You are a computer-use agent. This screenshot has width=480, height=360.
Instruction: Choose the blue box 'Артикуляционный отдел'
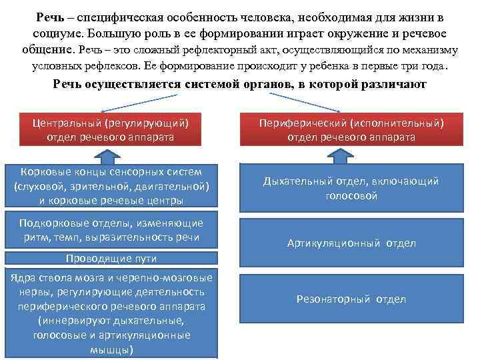pos(351,243)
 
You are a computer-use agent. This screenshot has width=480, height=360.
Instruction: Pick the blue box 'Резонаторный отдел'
pos(351,299)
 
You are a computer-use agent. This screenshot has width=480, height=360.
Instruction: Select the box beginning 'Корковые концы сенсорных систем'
pos(111,185)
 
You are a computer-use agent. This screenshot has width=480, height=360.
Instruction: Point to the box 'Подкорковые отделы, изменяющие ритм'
pos(111,230)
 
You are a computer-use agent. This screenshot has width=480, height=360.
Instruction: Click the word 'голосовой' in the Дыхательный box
pos(351,196)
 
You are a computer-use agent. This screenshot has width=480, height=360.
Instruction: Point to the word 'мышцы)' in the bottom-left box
pos(111,349)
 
